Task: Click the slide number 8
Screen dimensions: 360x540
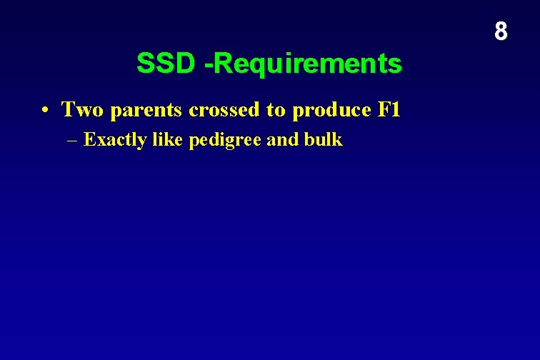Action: pyautogui.click(x=501, y=31)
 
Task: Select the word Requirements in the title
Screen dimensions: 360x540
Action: pyautogui.click(x=308, y=64)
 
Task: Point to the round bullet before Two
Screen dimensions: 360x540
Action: pyautogui.click(x=44, y=111)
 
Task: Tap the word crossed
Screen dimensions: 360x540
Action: pyautogui.click(x=225, y=110)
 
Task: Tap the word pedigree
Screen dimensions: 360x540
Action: pyautogui.click(x=225, y=141)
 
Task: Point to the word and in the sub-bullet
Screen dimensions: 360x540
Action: pyautogui.click(x=282, y=139)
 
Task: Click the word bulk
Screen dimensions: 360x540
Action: pyautogui.click(x=323, y=139)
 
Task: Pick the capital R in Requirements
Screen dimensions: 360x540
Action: pyautogui.click(x=221, y=64)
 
